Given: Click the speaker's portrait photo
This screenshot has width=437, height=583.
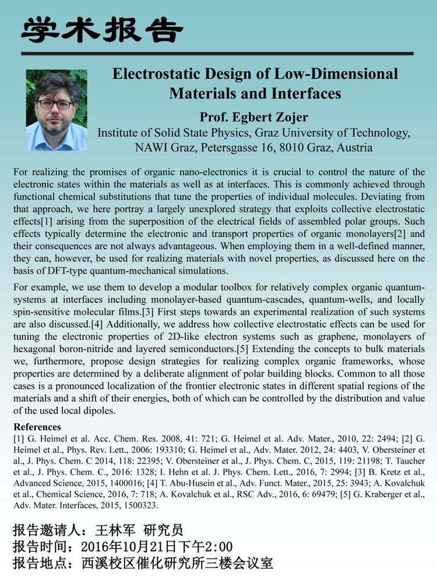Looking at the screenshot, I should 57,110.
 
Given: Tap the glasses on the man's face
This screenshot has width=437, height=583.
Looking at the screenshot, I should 55,104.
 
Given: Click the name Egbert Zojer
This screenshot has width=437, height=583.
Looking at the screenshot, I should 274,115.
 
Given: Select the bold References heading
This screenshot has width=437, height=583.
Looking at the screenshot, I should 37,427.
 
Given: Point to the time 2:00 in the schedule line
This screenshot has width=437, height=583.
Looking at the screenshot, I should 218,547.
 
